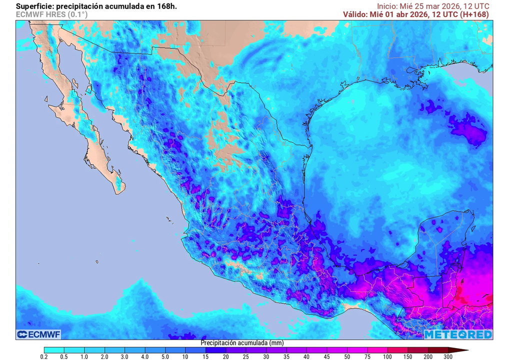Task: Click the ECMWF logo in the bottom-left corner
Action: pyautogui.click(x=38, y=334)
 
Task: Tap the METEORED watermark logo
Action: pyautogui.click(x=458, y=334)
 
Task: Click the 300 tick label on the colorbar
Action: pyautogui.click(x=448, y=357)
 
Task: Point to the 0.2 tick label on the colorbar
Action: pyautogui.click(x=44, y=357)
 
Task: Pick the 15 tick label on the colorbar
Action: pyautogui.click(x=206, y=357)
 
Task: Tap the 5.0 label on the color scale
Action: pyautogui.click(x=165, y=357)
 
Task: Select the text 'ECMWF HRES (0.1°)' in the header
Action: pyautogui.click(x=51, y=15)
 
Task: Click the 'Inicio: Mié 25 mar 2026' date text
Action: pyautogui.click(x=415, y=5)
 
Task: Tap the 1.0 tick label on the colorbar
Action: pyautogui.click(x=84, y=357)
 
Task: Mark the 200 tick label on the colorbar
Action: pyautogui.click(x=428, y=357)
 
